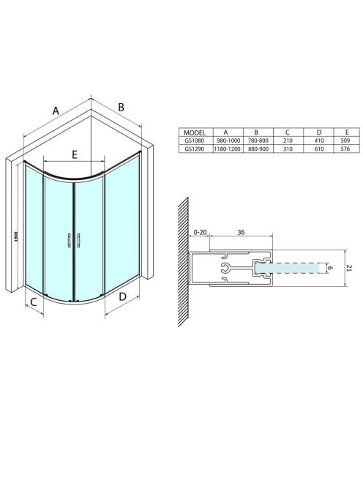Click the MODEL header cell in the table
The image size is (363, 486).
click(195, 132)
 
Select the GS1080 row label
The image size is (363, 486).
click(195, 141)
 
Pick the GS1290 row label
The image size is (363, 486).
click(195, 149)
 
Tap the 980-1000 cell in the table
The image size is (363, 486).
click(228, 141)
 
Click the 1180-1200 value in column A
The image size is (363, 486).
click(227, 149)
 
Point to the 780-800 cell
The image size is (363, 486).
click(258, 141)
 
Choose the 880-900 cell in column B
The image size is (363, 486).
click(258, 149)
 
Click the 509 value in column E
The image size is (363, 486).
click(345, 141)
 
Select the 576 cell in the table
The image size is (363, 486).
click(345, 149)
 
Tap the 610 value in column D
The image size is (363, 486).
click(318, 149)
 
